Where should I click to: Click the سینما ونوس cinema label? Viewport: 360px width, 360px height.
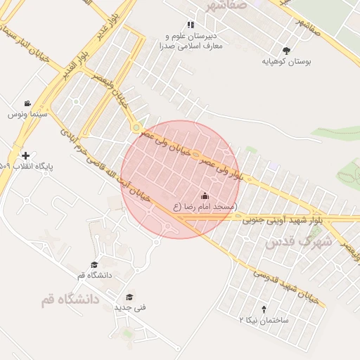[x=27, y=114]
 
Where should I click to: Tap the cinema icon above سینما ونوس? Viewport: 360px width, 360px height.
[x=27, y=103]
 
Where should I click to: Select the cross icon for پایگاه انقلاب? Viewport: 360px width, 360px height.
[x=26, y=155]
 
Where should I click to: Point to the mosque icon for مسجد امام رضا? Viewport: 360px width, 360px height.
[x=205, y=195]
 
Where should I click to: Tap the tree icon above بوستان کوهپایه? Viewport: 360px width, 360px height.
[x=286, y=51]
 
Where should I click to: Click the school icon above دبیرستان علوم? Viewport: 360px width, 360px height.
[x=191, y=25]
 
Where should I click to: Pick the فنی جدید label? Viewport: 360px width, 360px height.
[x=129, y=308]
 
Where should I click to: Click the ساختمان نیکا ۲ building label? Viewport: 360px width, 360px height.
[x=264, y=319]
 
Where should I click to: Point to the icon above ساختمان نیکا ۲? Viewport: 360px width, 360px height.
[x=264, y=309]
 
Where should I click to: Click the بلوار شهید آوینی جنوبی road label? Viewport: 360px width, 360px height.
[x=281, y=220]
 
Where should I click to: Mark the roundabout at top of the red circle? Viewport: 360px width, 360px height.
[x=134, y=127]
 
